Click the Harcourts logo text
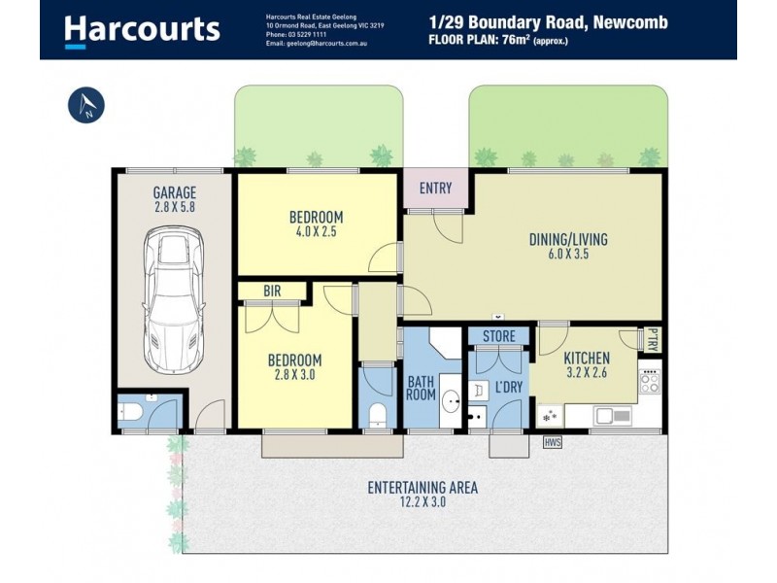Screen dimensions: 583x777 [x=142, y=29]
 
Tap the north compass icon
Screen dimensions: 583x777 [x=86, y=106]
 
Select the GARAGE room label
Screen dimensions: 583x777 [x=175, y=192]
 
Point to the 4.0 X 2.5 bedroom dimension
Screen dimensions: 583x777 [x=316, y=232]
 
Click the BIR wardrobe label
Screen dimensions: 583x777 [x=273, y=291]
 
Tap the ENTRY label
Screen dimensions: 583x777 [x=435, y=189]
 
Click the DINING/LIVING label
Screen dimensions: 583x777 [x=566, y=238]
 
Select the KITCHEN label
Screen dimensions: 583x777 [x=586, y=357]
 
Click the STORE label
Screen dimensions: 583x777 [x=498, y=337]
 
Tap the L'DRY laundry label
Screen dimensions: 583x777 [x=510, y=387]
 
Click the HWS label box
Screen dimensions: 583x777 [x=553, y=442]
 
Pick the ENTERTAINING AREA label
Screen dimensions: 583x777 [x=422, y=488]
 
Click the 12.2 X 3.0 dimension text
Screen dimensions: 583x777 [x=422, y=504]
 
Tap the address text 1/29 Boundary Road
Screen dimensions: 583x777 [x=548, y=21]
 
